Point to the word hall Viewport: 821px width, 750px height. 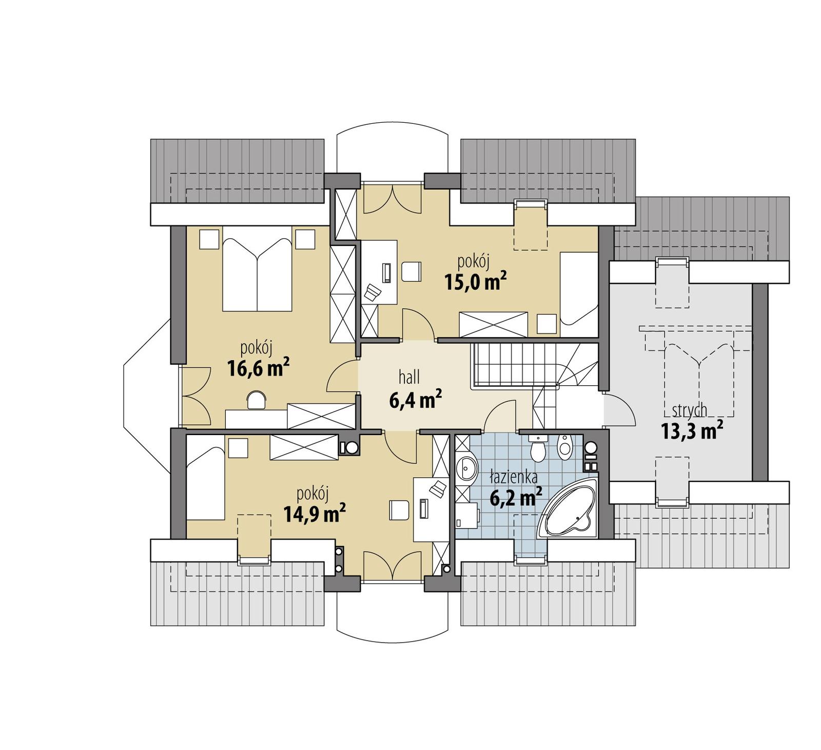pos(409,378)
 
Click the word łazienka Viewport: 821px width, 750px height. pos(513,478)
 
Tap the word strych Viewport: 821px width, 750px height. pos(689,410)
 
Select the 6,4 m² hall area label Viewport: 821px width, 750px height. pos(416,400)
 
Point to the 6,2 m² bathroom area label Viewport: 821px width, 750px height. pos(516,497)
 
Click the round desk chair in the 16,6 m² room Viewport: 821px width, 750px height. pos(257,400)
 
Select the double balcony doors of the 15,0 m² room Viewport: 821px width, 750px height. pos(393,200)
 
